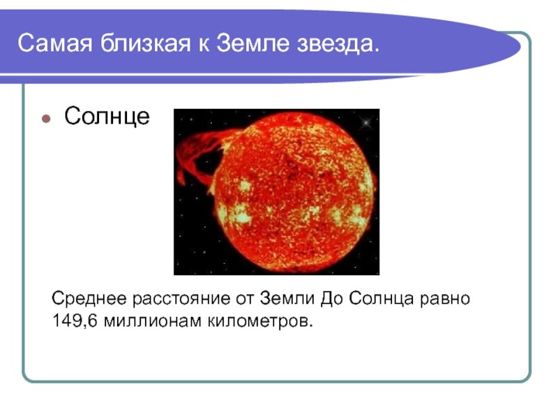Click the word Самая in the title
[55, 43]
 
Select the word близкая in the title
[145, 43]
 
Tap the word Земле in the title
[252, 43]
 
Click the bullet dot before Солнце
[46, 118]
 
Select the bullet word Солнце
[107, 116]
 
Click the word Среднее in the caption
[89, 299]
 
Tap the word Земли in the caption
[287, 299]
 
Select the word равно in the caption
[445, 300]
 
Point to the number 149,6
[75, 321]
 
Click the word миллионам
[153, 321]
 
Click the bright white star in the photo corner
[365, 123]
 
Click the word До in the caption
[332, 300]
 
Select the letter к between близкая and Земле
[203, 46]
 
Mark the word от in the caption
[245, 300]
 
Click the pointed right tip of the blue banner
[520, 46]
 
